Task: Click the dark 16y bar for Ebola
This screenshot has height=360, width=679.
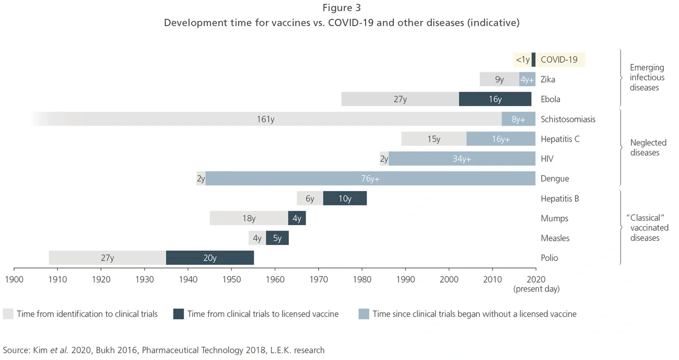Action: pos(495,99)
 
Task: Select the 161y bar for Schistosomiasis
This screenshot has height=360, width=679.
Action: pos(265,119)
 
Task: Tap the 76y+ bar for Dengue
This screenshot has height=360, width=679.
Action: pos(370,179)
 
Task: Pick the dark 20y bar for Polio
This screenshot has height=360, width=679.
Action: pos(210,258)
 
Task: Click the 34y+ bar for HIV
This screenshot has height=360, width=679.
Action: pos(462,159)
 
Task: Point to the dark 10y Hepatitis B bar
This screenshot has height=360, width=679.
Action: pos(345,199)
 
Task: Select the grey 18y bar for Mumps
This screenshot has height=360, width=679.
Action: pos(249,218)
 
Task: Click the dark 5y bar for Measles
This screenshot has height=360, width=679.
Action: pos(277,238)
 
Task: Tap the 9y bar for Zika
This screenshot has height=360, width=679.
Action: pos(499,79)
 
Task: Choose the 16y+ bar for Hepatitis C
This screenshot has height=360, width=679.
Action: pos(500,139)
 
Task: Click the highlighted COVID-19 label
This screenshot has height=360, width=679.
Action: pos(559,60)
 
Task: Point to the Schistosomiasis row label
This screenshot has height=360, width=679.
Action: pos(568,119)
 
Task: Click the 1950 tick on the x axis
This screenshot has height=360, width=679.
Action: pos(231,280)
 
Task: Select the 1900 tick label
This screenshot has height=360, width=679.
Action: pos(14,280)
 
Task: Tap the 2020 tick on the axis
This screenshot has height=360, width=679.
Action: pos(536,280)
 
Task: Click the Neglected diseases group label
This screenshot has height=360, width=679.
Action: pos(648,147)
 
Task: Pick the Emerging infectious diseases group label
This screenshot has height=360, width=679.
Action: pos(647,77)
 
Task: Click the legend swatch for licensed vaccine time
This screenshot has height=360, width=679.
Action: pos(179,314)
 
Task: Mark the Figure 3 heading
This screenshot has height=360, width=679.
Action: pos(342,8)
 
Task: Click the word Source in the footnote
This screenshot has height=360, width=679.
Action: pos(16,350)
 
